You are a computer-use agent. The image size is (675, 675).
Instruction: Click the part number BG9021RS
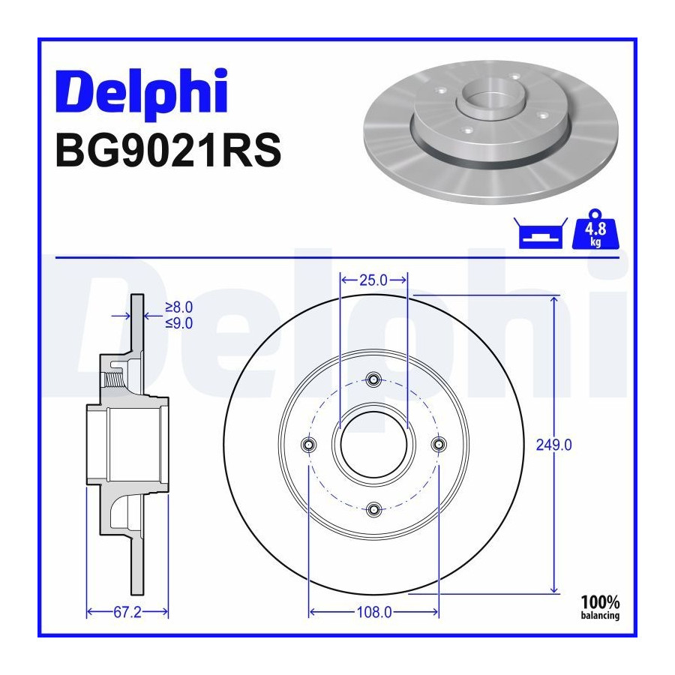click(168, 150)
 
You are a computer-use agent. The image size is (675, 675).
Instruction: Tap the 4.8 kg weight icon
click(595, 229)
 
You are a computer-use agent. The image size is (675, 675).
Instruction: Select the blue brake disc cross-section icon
click(541, 233)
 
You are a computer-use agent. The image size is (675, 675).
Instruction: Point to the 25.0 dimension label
click(373, 280)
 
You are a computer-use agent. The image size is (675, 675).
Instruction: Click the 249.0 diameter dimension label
click(553, 445)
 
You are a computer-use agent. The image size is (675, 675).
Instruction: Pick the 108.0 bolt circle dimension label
click(374, 612)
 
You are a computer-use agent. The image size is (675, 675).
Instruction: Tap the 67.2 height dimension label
click(127, 612)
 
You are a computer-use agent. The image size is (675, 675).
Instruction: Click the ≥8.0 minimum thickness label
click(179, 307)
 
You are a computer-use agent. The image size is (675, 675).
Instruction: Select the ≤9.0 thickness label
click(179, 323)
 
